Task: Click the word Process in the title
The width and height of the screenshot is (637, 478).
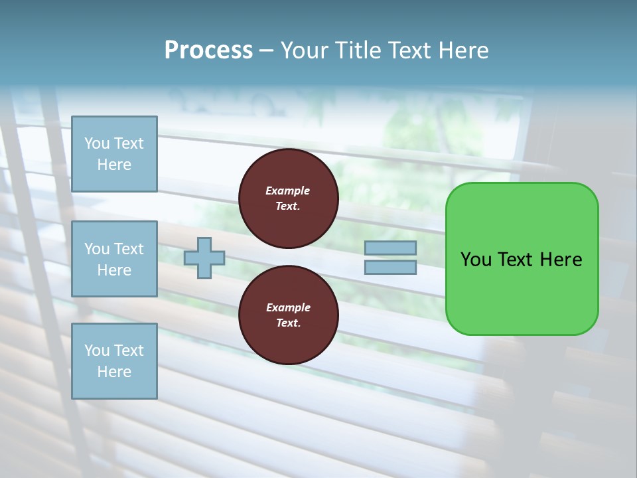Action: (208, 50)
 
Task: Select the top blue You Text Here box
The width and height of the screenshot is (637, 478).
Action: (114, 154)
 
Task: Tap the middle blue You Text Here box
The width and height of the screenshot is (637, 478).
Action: (114, 259)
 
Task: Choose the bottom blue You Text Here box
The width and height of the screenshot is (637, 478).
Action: (114, 361)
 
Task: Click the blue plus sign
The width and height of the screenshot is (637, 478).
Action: (204, 258)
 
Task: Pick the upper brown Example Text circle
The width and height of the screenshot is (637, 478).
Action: (288, 199)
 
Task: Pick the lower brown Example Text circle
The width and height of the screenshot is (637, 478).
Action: (288, 315)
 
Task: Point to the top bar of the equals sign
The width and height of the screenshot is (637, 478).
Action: (391, 248)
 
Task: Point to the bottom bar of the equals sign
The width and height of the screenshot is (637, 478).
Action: (391, 268)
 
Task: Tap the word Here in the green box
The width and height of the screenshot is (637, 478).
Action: (561, 260)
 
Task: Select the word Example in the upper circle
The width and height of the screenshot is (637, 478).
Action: (288, 191)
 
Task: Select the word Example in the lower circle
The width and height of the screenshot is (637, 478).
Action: (288, 307)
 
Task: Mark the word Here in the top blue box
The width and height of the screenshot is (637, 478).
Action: (114, 165)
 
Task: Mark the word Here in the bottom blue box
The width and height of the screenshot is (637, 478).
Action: (114, 372)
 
